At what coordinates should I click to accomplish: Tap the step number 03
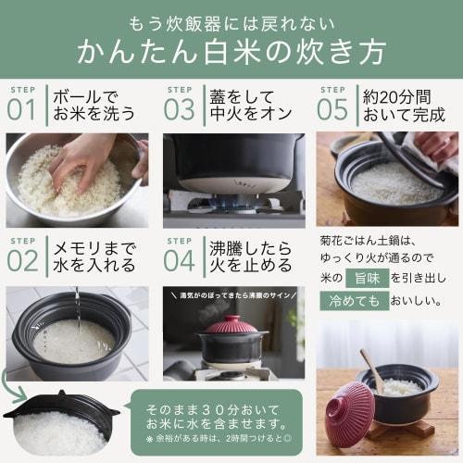(180, 107)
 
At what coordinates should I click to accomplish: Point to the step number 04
(180, 259)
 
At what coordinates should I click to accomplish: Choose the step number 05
(333, 107)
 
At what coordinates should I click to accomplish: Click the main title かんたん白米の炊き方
(231, 50)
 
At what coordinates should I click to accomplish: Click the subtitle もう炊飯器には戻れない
(231, 18)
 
